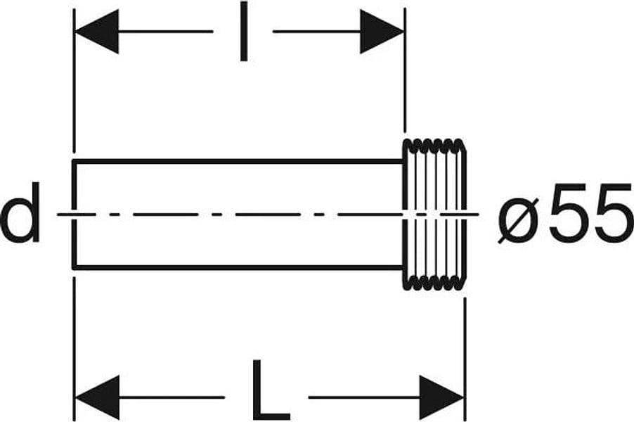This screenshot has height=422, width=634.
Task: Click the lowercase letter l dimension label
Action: (x=243, y=31)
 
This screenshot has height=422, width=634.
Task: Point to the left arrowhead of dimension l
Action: (x=97, y=31)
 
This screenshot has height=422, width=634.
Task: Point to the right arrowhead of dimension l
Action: (x=382, y=31)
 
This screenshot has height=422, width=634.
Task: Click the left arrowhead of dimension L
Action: (x=98, y=397)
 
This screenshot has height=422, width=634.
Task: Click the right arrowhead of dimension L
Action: (x=441, y=397)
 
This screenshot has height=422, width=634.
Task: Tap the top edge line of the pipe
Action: (x=238, y=162)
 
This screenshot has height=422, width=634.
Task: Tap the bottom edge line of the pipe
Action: (x=238, y=267)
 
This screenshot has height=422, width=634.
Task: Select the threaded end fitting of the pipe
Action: (x=434, y=215)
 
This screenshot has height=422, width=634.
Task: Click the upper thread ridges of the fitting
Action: (x=434, y=146)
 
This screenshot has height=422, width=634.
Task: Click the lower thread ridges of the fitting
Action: (x=434, y=283)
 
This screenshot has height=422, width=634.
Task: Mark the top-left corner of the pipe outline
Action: (x=74, y=162)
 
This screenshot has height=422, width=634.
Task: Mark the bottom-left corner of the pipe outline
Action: (x=74, y=267)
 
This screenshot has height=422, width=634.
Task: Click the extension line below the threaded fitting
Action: (x=465, y=359)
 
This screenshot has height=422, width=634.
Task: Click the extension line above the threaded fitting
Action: (x=405, y=70)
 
